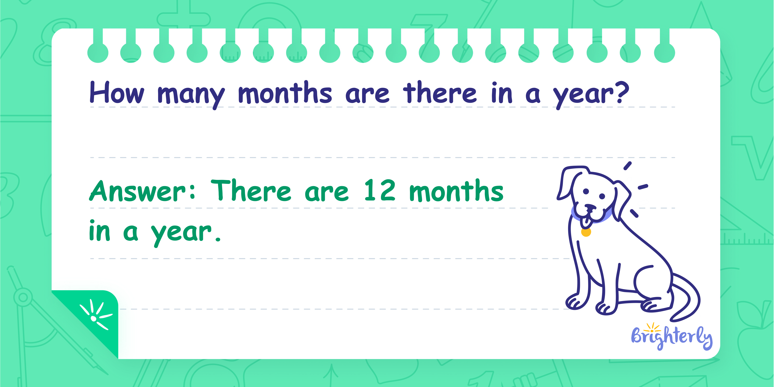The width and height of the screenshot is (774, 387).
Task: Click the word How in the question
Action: click(x=117, y=93)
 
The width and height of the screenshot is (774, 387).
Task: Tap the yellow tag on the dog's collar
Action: click(x=586, y=232)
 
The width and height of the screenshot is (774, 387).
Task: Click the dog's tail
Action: click(x=687, y=297)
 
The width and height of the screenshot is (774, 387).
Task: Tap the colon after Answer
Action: click(x=193, y=191)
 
